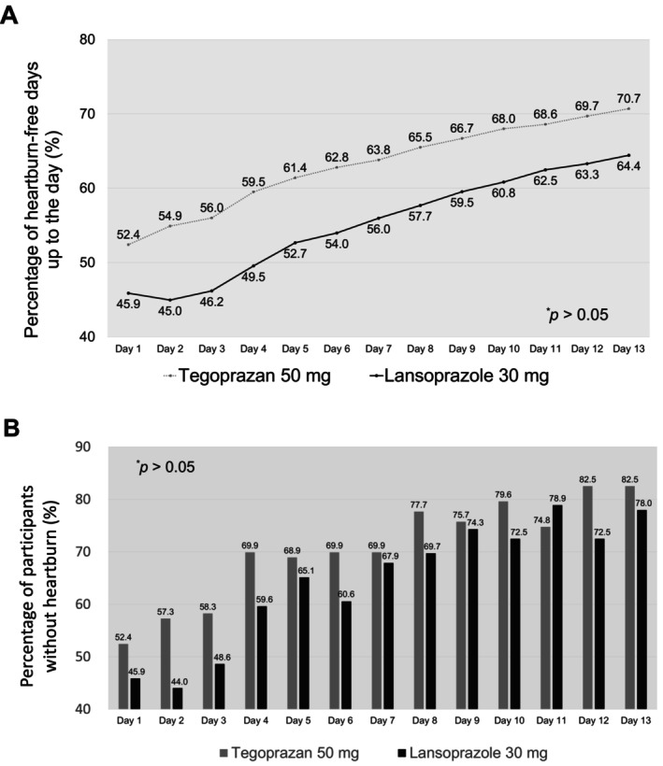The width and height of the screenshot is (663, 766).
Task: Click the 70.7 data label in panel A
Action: point(628,98)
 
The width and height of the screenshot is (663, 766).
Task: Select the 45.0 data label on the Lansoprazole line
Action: point(170,311)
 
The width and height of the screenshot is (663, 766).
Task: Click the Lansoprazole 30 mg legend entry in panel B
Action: point(473,753)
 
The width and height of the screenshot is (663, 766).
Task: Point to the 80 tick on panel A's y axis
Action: point(88,39)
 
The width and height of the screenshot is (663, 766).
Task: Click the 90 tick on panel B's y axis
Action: point(83,447)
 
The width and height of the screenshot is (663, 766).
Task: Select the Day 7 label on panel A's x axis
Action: point(379,348)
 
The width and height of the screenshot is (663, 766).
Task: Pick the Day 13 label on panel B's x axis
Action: point(636,720)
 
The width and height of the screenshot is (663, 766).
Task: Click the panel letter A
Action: point(8,16)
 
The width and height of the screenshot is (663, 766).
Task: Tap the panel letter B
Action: point(11,428)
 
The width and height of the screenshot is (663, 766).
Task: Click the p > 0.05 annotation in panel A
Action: point(577,314)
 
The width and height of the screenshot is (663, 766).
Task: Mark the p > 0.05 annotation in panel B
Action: point(166,466)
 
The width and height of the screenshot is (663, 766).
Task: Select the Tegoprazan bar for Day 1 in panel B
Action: point(123,676)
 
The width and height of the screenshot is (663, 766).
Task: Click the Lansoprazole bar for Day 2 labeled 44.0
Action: point(178,698)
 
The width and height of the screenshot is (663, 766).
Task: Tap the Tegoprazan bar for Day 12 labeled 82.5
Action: point(587,598)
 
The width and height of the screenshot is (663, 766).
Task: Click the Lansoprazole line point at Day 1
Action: point(128,292)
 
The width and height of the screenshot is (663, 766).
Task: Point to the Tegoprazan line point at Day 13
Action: point(628,108)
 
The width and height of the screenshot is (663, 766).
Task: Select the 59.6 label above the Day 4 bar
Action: point(264,600)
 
